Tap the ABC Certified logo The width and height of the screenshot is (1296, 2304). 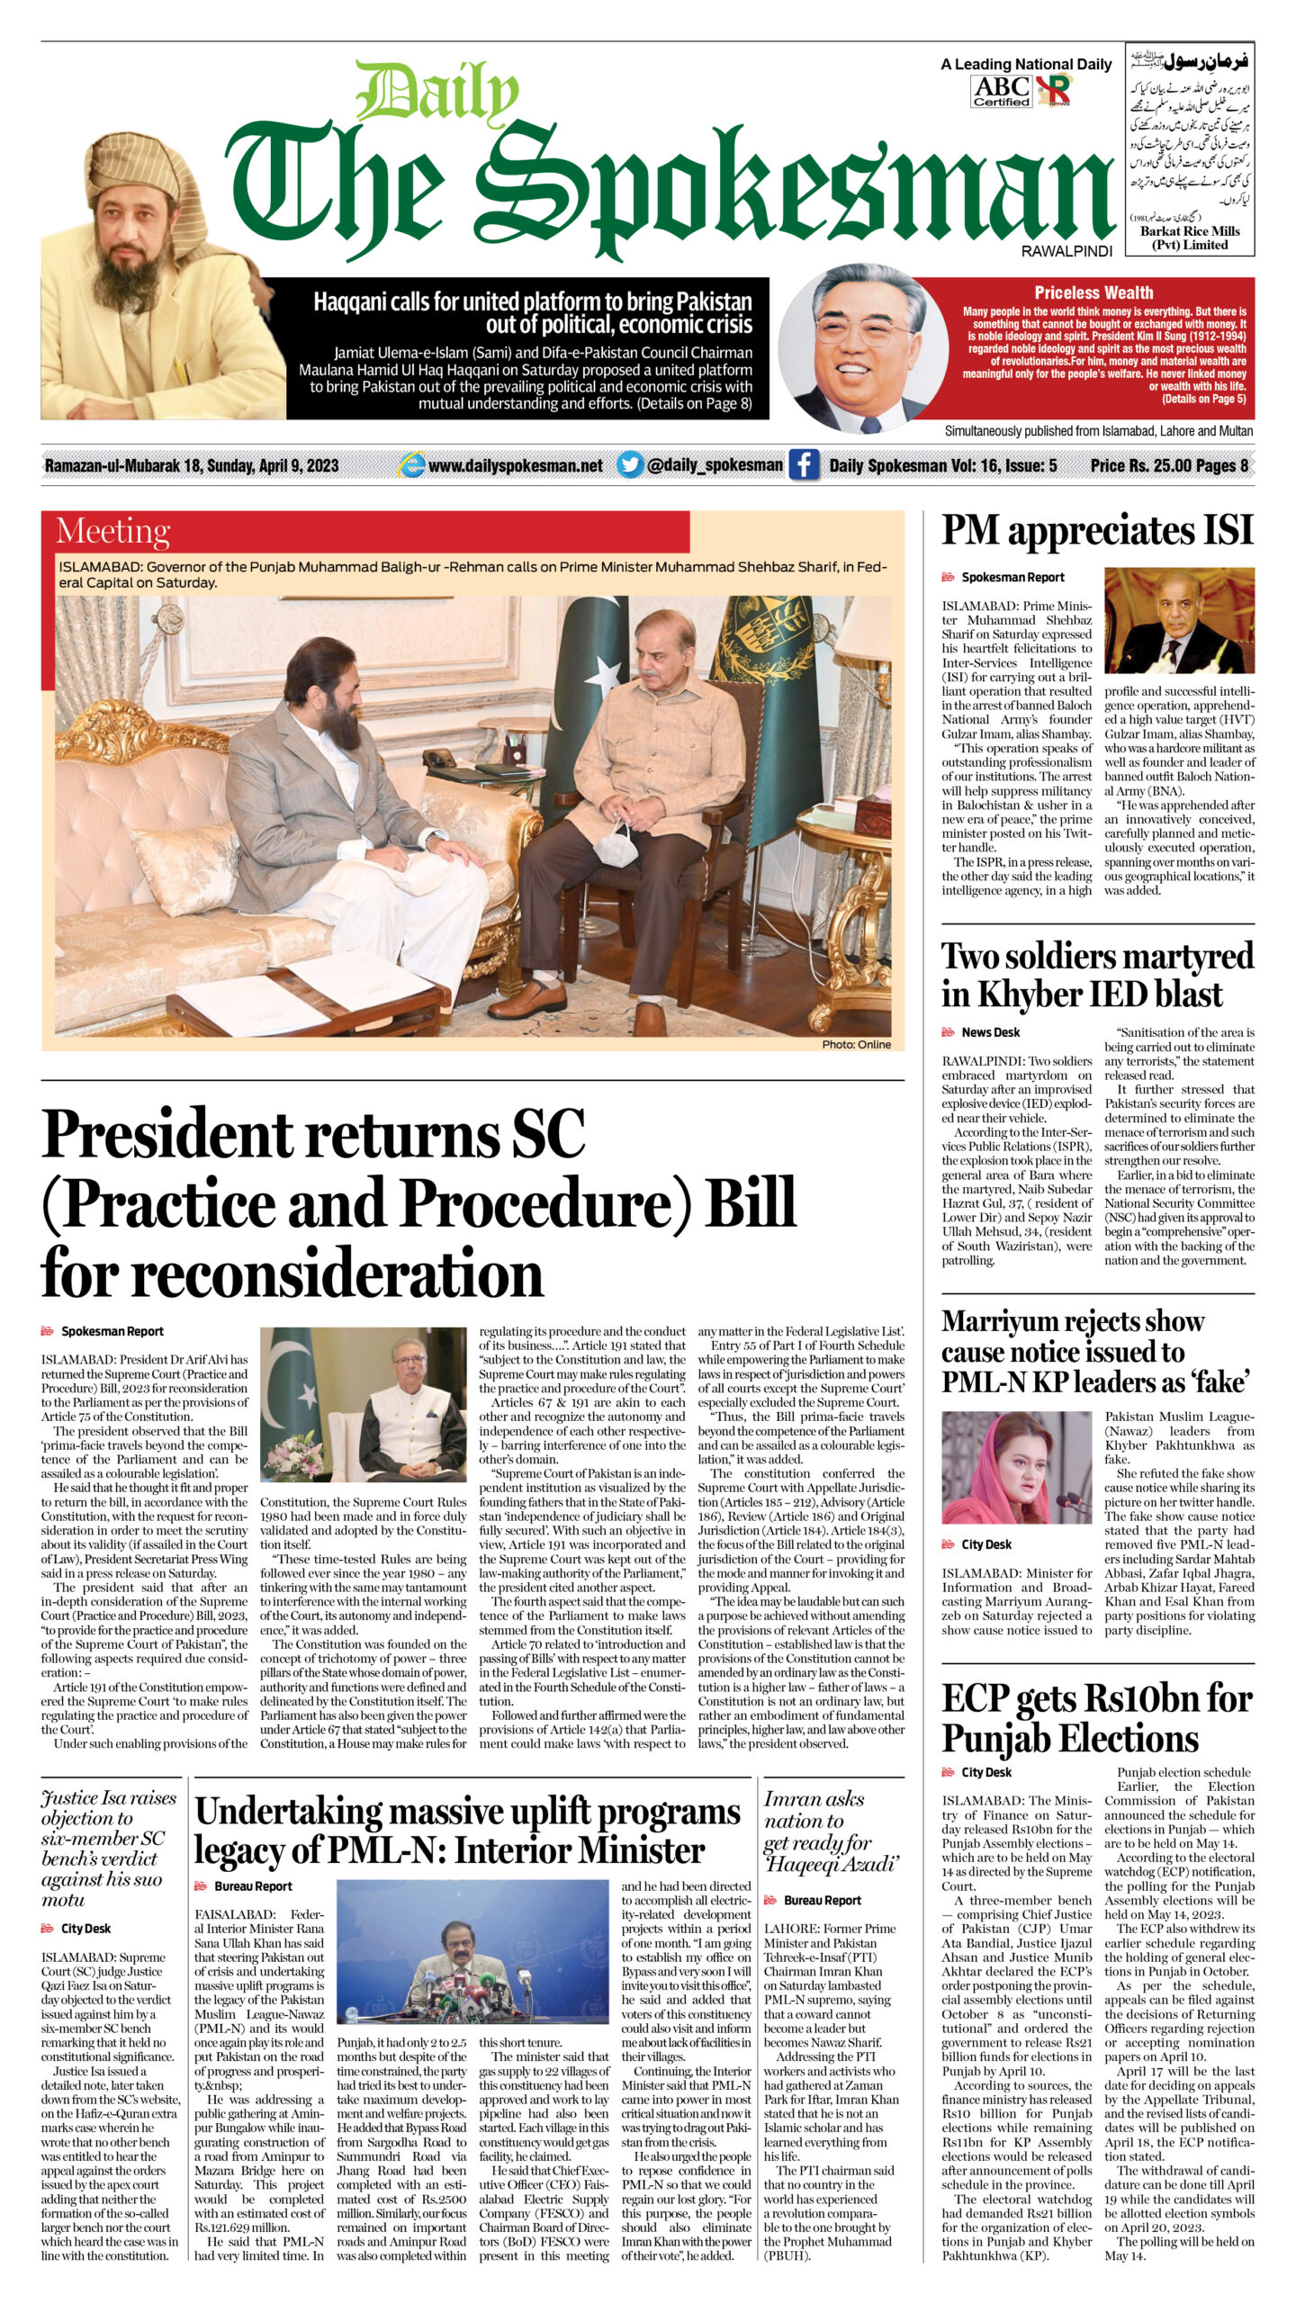point(1001,91)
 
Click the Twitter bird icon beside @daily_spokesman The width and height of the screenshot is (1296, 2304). point(630,465)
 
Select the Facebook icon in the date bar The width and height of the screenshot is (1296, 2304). point(803,465)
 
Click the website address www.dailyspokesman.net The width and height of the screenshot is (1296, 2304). point(515,465)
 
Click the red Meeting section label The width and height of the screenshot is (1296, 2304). point(112,531)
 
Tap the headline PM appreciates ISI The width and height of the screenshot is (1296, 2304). point(1097,530)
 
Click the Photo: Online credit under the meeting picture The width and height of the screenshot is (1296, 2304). point(856,1045)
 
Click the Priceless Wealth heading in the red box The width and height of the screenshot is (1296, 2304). point(1093,292)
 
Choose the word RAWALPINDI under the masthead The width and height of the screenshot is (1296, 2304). point(1066,252)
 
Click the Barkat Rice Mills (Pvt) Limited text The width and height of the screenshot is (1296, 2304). point(1190,238)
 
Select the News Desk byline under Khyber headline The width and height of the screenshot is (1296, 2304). point(990,1032)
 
